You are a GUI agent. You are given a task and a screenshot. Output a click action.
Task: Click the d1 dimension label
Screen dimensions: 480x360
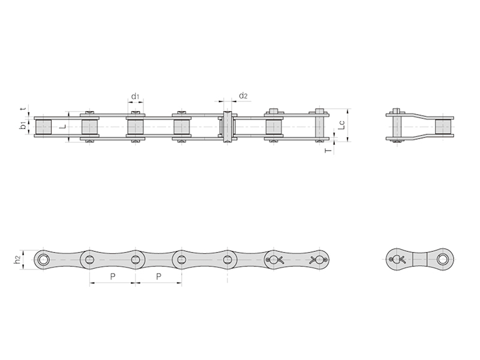(135, 97)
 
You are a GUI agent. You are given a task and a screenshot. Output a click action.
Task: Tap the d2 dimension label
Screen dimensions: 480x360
(243, 96)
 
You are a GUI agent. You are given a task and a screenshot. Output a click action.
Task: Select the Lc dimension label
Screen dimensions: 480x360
(341, 125)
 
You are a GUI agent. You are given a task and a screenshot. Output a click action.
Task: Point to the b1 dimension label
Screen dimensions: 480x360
(23, 125)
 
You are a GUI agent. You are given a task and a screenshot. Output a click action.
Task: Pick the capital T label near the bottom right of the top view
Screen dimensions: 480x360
(328, 151)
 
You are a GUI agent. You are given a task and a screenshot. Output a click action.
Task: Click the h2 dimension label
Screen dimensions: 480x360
(18, 260)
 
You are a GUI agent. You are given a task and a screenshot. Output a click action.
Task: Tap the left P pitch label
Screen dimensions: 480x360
(113, 277)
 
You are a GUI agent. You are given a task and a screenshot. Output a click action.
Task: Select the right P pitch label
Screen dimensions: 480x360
(158, 277)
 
